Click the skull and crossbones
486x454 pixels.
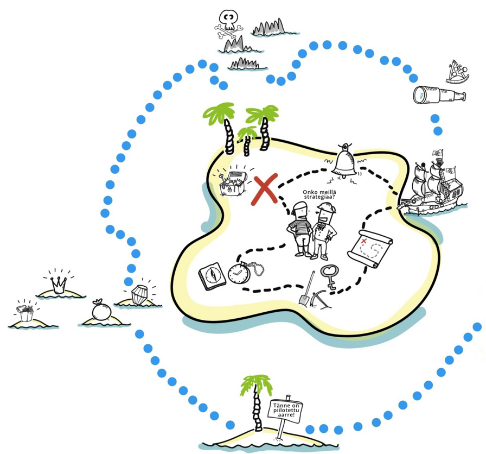pyautogui.click(x=228, y=23)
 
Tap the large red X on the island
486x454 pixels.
pyautogui.click(x=265, y=188)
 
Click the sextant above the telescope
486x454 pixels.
pyautogui.click(x=457, y=73)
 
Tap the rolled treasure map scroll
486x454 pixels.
pyautogui.click(x=371, y=248)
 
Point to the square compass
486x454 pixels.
pyautogui.click(x=212, y=275)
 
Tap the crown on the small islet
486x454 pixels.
pyautogui.click(x=59, y=284)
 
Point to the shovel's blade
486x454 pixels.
pyautogui.click(x=305, y=299)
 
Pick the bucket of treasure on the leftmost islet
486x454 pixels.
pyautogui.click(x=25, y=313)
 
